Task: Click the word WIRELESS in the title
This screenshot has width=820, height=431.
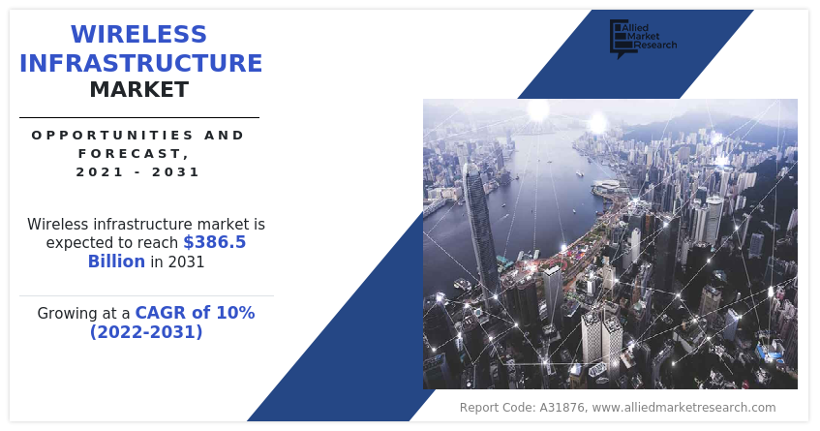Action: point(138,35)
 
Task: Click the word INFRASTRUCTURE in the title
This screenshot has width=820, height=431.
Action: point(140,64)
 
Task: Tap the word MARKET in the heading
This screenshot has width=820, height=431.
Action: point(138,90)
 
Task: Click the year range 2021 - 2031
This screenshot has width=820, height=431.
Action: point(138,171)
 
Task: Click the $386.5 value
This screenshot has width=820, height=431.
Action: point(215,242)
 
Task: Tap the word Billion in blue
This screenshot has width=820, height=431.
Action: point(116,262)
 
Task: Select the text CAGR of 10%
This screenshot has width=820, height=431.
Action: point(195,313)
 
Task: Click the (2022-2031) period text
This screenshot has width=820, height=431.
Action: point(146,332)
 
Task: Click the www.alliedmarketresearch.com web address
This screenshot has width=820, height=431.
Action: point(683,408)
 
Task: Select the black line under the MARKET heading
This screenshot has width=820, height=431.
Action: point(138,117)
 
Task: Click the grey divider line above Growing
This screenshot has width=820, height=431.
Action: point(146,295)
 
